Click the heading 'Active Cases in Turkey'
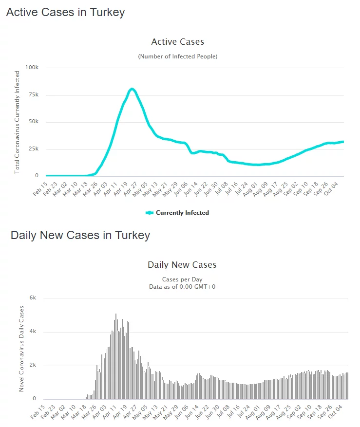coord(65,13)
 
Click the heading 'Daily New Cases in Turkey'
coord(80,236)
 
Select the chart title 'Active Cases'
coord(178,42)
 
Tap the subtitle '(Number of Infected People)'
coord(178,56)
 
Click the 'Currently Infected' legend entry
coord(177,213)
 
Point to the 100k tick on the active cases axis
coord(32,67)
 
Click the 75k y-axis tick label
coord(33,94)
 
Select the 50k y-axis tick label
coord(33,122)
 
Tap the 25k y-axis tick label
coord(33,149)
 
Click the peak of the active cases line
coord(132,89)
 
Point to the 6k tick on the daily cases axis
coord(33,298)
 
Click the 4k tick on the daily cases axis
coord(33,332)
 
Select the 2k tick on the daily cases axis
coord(33,366)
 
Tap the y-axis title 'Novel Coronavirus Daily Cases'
coord(21,349)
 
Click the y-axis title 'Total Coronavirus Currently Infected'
coord(17,122)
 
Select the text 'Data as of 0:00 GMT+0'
coord(182,287)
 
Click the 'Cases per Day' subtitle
coord(182,279)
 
